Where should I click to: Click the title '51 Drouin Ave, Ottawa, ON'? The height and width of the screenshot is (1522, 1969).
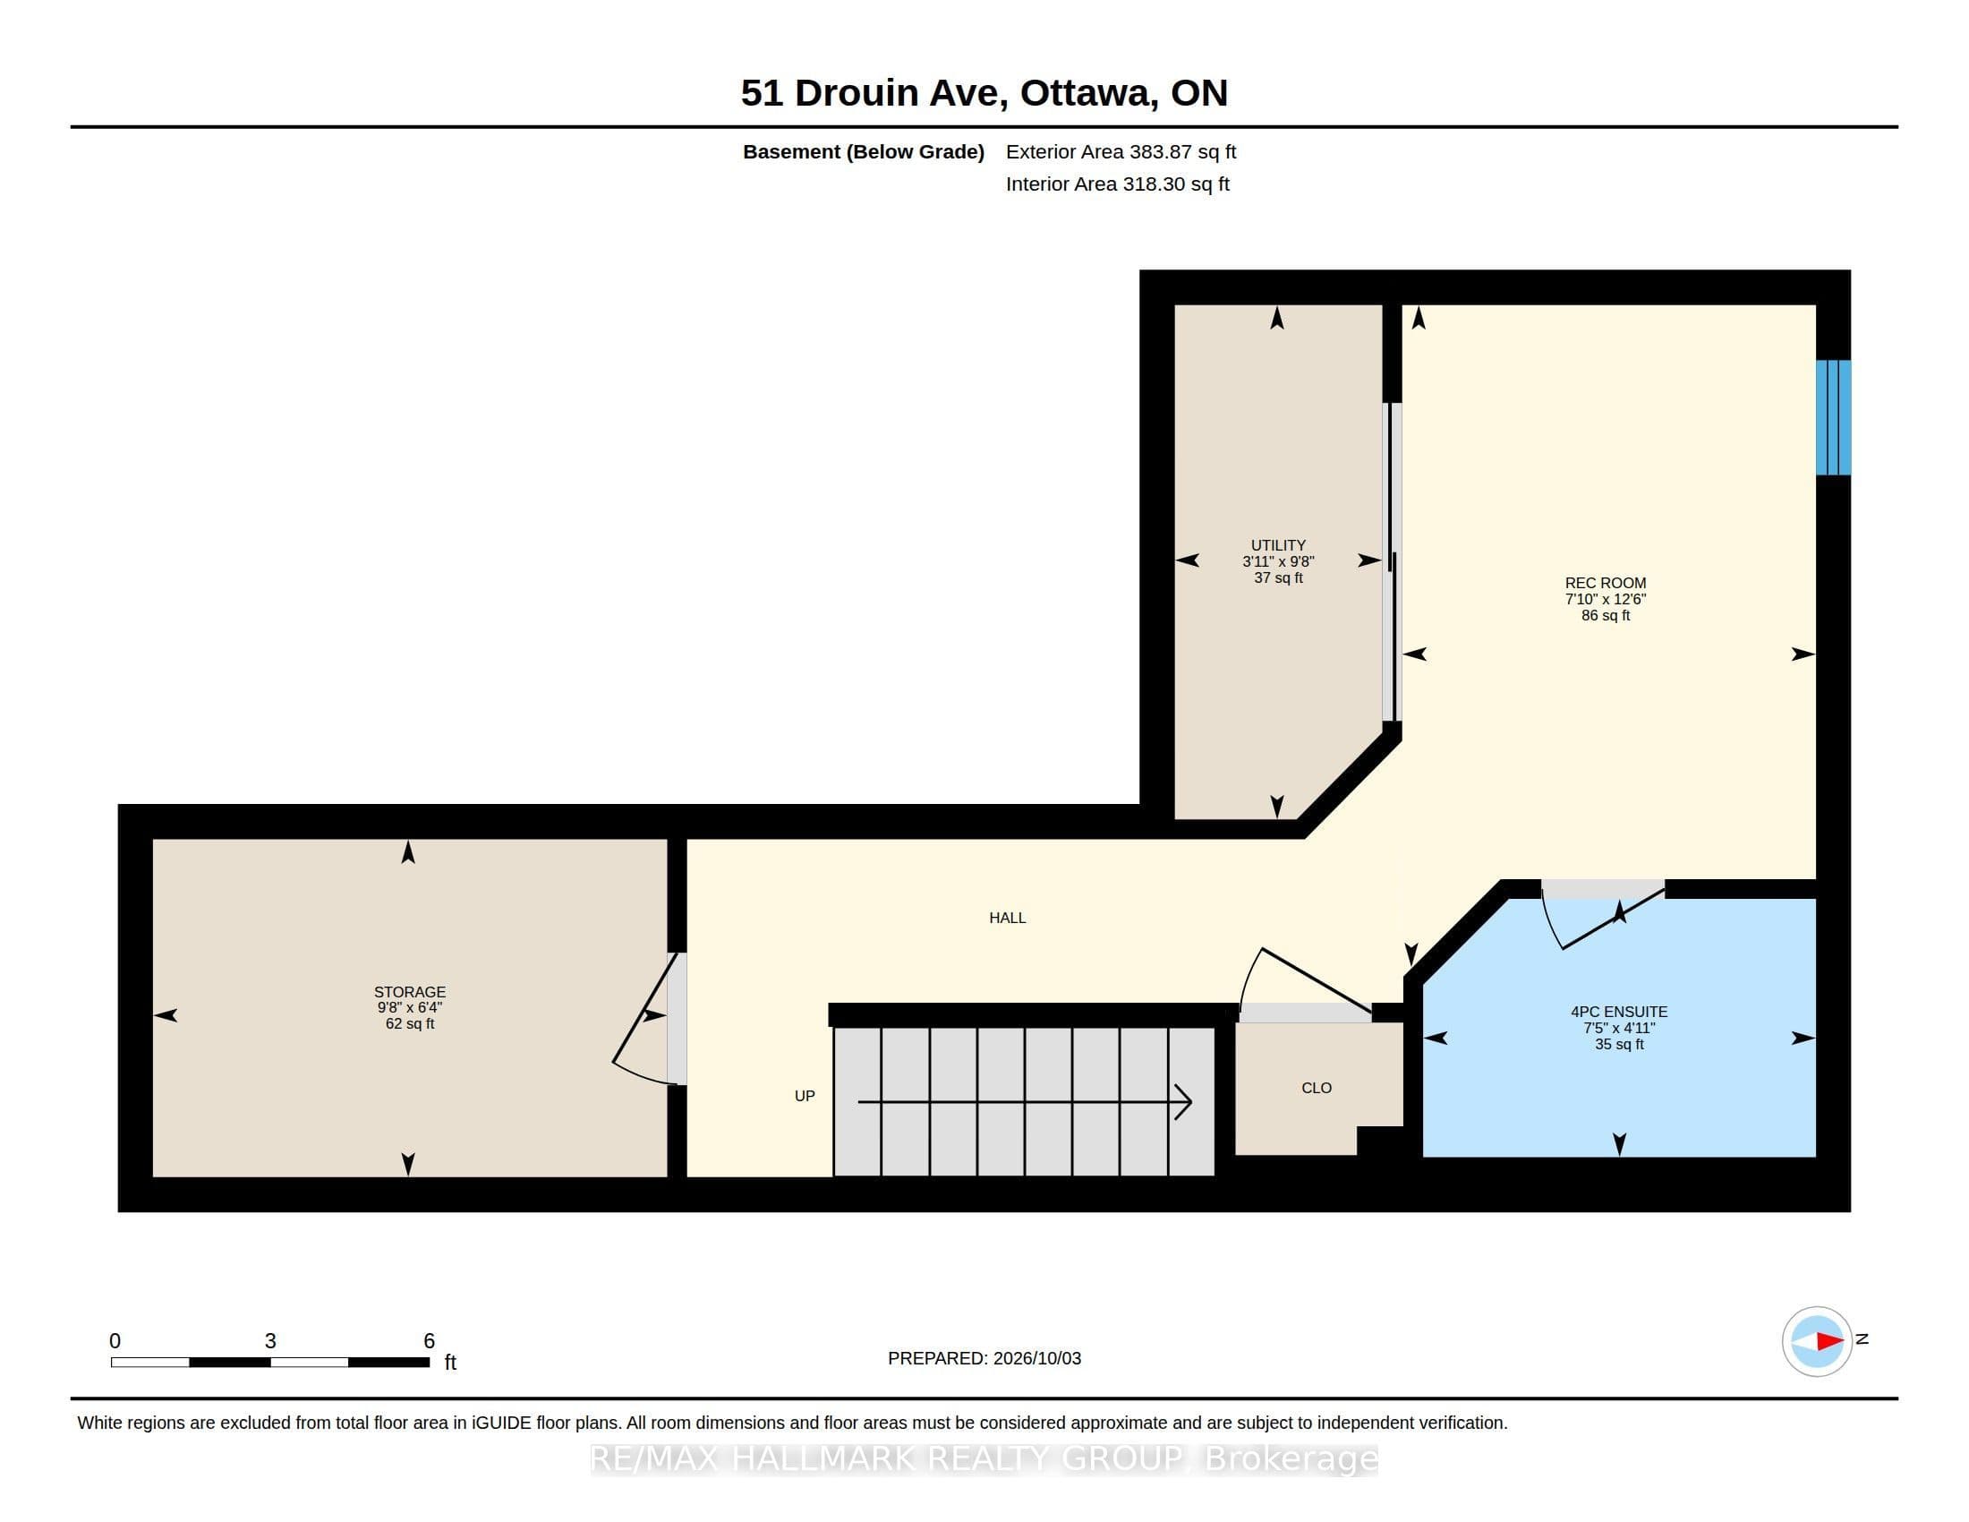(984, 93)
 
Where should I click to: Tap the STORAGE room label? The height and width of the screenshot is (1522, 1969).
(409, 992)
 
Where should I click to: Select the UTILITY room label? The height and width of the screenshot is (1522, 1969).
(1277, 545)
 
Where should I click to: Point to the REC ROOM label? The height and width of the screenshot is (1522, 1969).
(1606, 584)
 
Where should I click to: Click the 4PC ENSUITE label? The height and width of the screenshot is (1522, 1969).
(1619, 1012)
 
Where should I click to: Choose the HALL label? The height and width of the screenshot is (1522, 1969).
(1007, 918)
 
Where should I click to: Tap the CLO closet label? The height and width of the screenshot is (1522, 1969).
(1317, 1089)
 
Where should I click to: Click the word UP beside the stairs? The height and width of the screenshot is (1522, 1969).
(805, 1097)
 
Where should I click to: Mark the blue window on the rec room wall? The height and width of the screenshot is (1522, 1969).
(1833, 417)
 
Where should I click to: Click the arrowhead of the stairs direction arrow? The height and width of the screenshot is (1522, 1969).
(1184, 1102)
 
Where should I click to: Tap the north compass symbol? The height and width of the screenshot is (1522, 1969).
(1817, 1341)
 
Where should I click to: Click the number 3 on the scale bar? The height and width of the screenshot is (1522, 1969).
(269, 1341)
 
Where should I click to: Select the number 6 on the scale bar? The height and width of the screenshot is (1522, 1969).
(429, 1341)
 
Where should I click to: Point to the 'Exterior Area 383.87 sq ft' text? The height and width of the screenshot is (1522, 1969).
(1121, 152)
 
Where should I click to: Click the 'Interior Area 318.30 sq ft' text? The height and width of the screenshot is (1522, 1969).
(1117, 184)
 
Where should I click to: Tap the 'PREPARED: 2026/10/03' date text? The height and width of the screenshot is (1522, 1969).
(984, 1359)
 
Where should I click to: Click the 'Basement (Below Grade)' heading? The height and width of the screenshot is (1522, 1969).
(863, 152)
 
